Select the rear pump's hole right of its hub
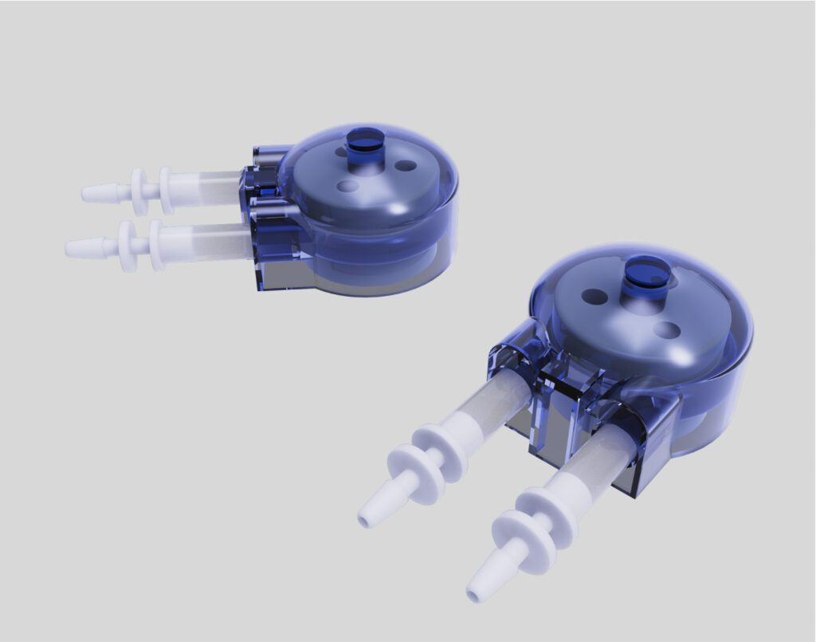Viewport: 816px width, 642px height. pos(406,165)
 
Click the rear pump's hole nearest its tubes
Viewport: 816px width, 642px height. pos(347,186)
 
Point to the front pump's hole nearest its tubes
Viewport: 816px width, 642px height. pos(594,297)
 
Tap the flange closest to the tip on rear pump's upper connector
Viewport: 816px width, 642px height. pos(139,191)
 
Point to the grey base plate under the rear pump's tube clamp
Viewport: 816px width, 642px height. pos(279,275)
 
